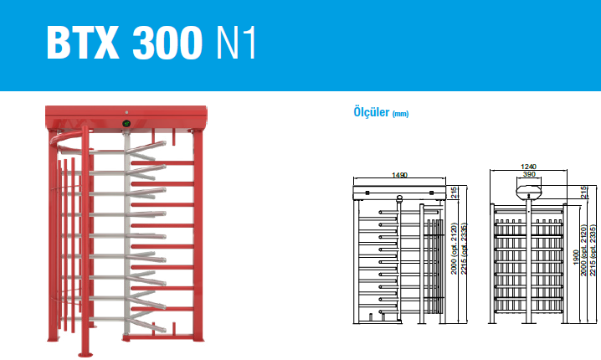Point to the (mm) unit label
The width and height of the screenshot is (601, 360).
401,112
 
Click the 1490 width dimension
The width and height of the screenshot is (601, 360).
398,175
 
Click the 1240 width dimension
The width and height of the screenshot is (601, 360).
528,167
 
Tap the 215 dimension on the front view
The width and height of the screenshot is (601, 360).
454,193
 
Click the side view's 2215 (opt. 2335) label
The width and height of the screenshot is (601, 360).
594,250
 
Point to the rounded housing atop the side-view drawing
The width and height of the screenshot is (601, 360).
530,192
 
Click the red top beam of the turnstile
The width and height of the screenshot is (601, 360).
126,116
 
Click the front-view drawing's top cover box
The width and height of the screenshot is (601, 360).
399,193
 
